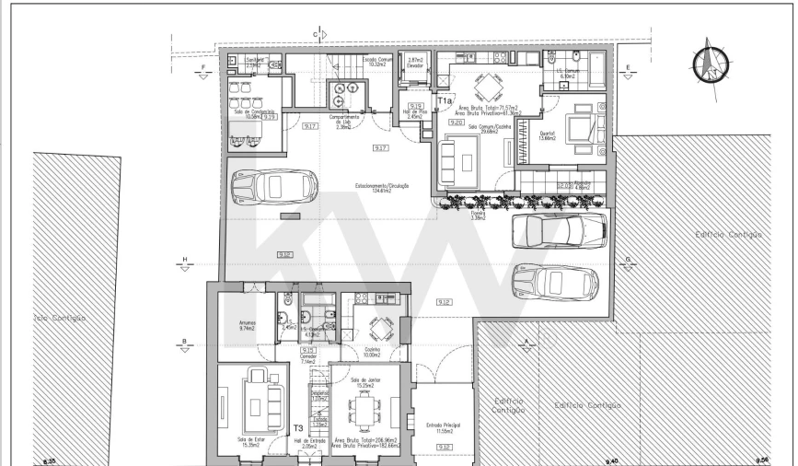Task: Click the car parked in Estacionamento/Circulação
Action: point(273,188)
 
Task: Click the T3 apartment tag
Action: point(297,428)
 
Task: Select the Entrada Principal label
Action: point(444,427)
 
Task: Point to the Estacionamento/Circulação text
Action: point(381,189)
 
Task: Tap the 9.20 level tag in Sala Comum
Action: point(456,122)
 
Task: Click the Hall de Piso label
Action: point(415,114)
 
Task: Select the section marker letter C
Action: point(316,34)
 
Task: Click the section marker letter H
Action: point(184,258)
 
